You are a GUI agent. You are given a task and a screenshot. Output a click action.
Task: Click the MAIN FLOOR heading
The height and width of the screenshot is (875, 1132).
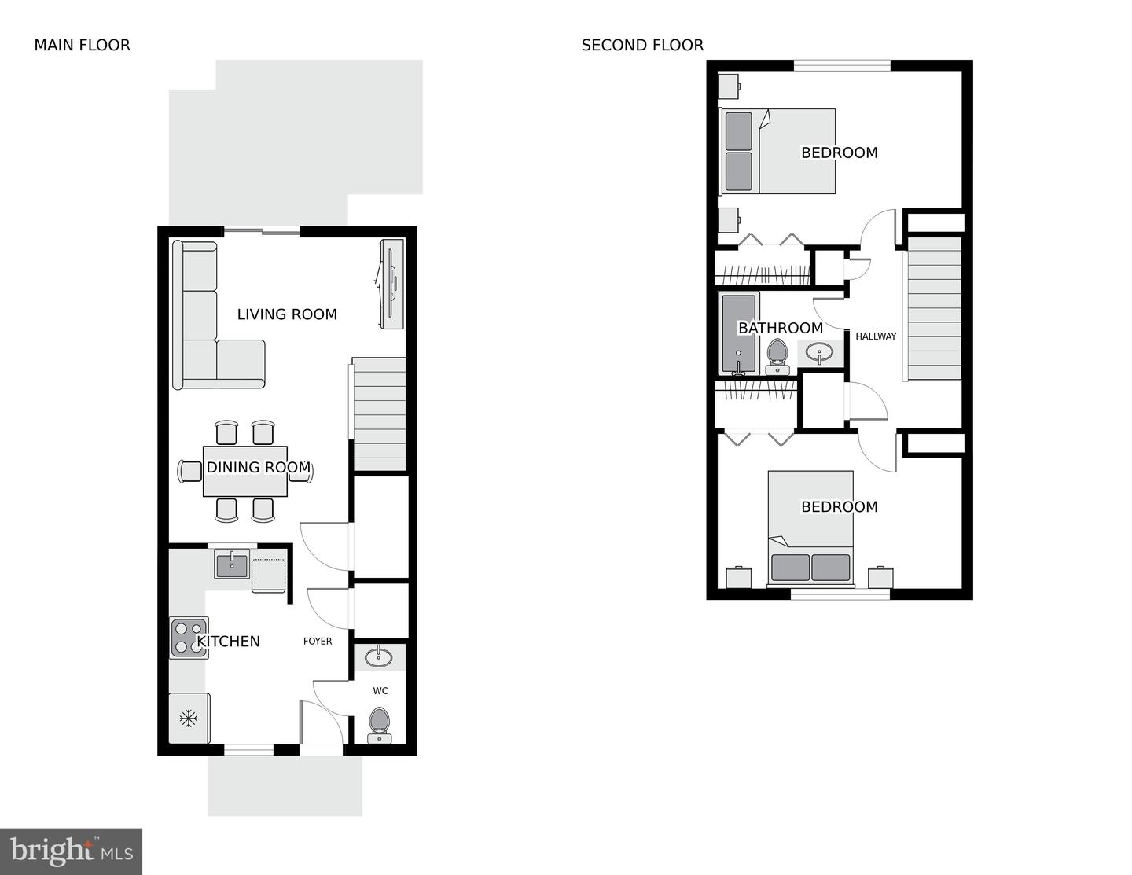(x=83, y=46)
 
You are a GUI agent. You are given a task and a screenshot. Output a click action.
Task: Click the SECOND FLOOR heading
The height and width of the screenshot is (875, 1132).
(x=642, y=46)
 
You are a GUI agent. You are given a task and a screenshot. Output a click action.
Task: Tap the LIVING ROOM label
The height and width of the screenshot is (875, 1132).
(x=287, y=314)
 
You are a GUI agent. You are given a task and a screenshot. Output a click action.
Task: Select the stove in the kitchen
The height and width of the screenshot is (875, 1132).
(x=189, y=638)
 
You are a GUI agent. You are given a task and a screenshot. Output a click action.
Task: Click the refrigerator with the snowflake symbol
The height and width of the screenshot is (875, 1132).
(x=189, y=719)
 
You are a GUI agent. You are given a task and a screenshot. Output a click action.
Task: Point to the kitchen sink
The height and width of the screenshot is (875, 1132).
(x=232, y=564)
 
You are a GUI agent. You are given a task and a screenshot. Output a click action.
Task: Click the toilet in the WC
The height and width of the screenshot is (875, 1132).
(x=379, y=725)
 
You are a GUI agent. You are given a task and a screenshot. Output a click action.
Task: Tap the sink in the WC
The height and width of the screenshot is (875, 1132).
(x=379, y=657)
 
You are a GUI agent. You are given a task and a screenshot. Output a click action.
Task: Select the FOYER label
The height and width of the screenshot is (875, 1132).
(x=318, y=642)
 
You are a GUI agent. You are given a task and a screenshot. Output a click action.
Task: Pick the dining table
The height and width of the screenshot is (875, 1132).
(x=244, y=471)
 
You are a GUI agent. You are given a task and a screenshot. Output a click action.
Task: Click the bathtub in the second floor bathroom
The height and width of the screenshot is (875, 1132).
(x=738, y=333)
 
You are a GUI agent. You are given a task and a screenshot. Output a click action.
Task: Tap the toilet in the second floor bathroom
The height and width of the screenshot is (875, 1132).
(x=777, y=357)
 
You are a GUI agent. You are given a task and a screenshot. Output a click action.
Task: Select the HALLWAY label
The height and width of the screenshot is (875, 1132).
(x=876, y=336)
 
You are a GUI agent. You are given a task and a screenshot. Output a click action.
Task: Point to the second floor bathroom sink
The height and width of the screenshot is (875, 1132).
(x=819, y=353)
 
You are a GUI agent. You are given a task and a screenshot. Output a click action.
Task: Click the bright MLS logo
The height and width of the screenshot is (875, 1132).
(x=71, y=851)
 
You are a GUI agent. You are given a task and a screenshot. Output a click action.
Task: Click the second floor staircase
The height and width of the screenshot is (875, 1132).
(x=934, y=308)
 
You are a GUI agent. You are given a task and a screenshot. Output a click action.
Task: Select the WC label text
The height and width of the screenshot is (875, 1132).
(x=380, y=691)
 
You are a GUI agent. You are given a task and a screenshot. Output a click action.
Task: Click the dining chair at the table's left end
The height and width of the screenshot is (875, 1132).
(x=189, y=472)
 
